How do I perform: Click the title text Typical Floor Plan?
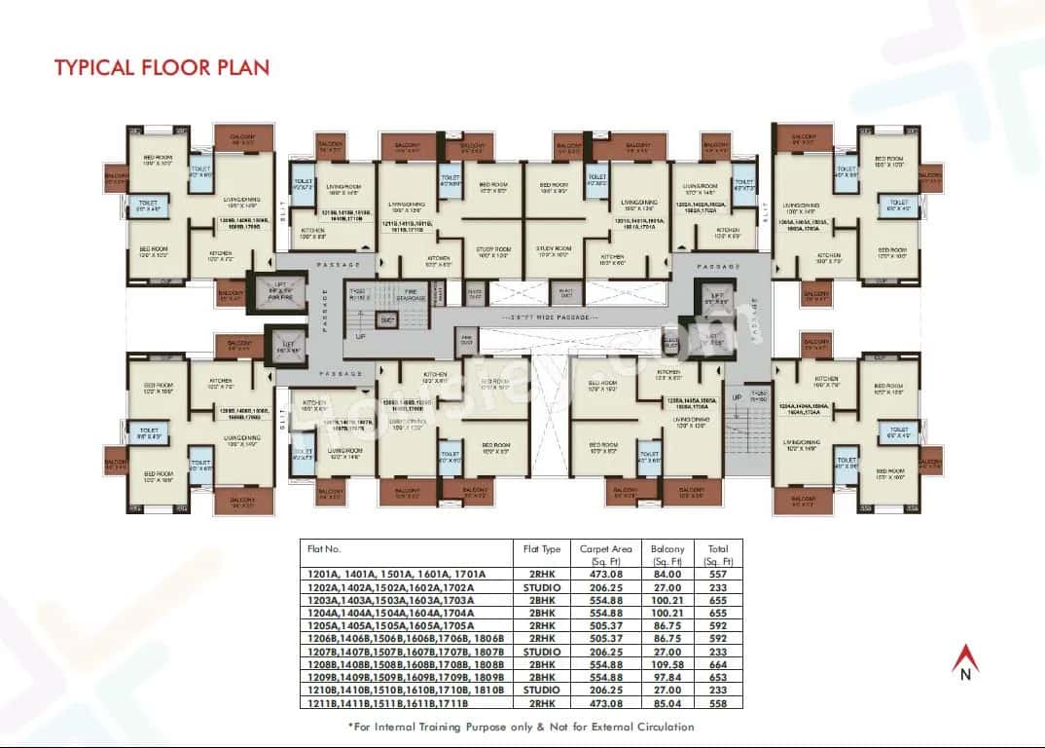162,67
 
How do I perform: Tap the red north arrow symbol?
966,656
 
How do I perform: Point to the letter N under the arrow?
966,675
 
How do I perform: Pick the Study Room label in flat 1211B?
492,252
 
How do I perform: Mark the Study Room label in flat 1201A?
552,252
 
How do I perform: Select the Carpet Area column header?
605,555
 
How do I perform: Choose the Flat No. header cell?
324,549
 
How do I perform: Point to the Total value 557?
719,574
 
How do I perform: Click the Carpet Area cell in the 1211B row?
605,702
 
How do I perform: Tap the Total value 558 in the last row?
719,702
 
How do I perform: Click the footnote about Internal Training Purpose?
522,727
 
